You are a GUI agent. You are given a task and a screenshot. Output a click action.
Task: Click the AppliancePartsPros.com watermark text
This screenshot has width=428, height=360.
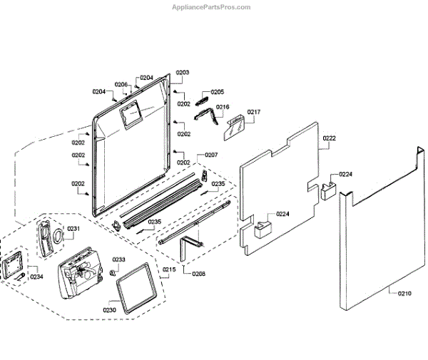[213, 7]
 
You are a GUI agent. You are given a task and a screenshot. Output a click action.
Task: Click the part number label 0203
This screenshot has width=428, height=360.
[183, 73]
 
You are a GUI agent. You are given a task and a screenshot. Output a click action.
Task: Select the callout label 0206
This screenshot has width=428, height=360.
[122, 85]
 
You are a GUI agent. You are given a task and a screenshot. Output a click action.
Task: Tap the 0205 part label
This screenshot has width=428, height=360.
[217, 92]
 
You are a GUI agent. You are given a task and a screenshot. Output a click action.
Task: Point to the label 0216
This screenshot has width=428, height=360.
[223, 108]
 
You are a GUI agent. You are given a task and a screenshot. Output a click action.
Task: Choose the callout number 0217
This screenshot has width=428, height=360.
[254, 112]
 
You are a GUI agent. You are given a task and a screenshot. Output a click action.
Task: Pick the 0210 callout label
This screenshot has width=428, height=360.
[404, 293]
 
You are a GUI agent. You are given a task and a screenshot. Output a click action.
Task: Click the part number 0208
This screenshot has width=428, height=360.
[198, 273]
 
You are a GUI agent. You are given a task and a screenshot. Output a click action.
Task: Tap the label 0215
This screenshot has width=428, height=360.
[169, 269]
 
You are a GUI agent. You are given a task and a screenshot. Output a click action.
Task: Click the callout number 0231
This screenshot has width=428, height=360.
[73, 228]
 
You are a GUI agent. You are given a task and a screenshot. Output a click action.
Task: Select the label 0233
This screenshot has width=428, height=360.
[118, 259]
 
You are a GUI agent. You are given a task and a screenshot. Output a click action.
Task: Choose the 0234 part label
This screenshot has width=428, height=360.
[36, 277]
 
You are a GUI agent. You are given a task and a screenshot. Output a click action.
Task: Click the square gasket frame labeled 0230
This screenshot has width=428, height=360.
[136, 286]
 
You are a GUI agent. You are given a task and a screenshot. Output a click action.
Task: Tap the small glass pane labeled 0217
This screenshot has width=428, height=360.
[234, 128]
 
